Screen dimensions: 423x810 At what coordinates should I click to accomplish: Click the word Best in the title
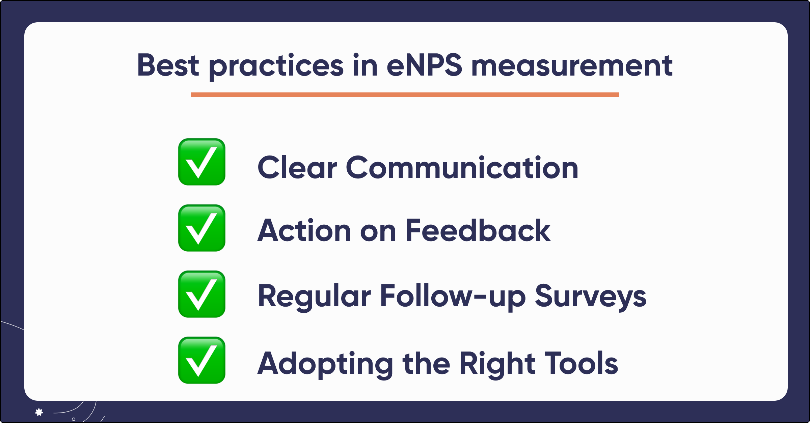pos(168,65)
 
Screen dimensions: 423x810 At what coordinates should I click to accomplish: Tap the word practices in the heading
pos(276,66)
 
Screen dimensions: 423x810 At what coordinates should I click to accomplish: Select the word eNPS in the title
pos(424,65)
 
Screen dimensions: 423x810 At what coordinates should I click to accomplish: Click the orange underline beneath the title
pos(405,95)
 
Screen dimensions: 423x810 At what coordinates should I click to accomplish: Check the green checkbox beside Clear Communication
pos(202,162)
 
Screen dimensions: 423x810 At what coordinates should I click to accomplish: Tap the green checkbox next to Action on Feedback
pos(202,228)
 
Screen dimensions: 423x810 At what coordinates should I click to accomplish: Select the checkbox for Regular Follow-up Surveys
pos(202,294)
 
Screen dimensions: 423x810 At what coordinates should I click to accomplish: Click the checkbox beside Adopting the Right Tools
pos(202,360)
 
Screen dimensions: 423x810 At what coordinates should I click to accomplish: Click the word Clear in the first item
pos(297,167)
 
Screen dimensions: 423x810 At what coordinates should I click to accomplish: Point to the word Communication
pos(462,167)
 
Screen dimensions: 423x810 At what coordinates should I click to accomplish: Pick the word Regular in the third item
pos(314,296)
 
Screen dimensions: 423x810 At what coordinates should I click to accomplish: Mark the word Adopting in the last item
pos(325,364)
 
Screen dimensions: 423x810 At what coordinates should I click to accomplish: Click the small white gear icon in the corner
pos(39,412)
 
